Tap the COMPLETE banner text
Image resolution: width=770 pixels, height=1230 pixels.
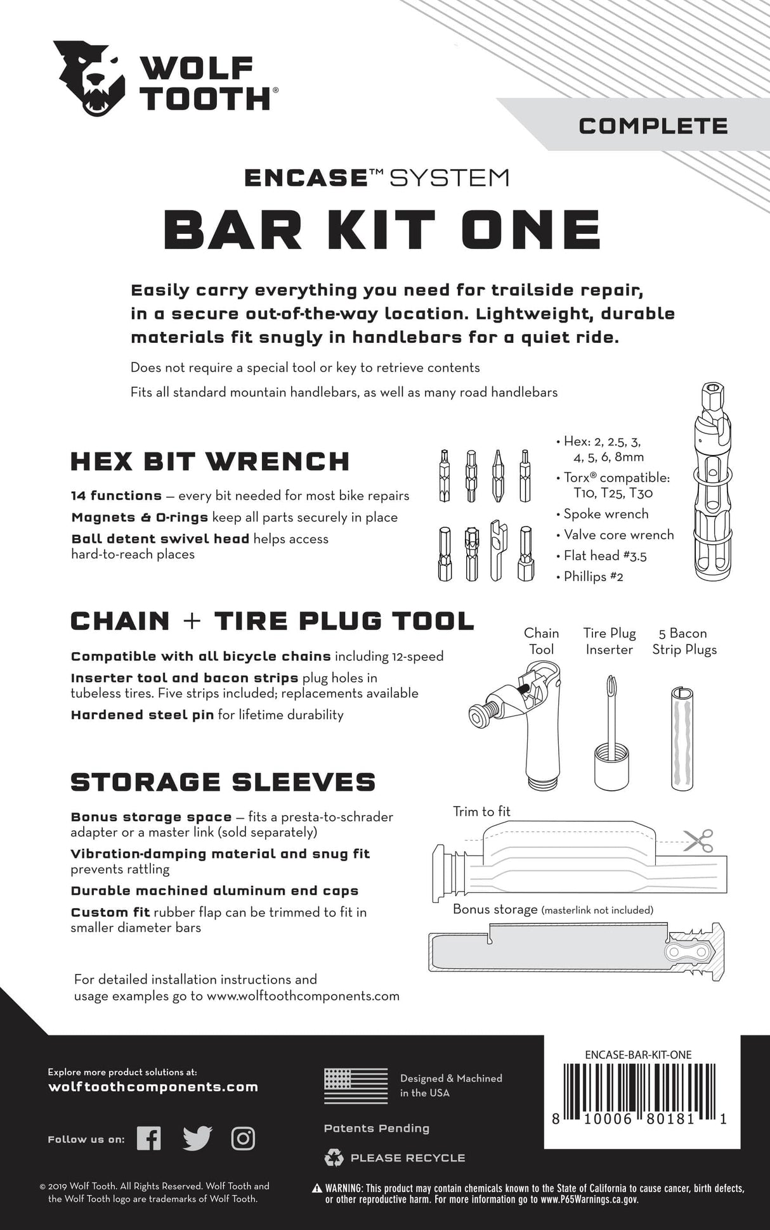click(x=653, y=125)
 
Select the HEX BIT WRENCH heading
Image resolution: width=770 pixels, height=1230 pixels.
click(x=210, y=461)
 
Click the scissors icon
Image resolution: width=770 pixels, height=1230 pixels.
click(x=699, y=841)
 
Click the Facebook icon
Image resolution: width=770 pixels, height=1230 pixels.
click(x=149, y=1139)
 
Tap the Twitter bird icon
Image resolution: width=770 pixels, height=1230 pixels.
click(x=197, y=1139)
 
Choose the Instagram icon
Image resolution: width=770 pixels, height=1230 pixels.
click(x=243, y=1139)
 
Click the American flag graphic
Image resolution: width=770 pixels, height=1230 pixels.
click(x=355, y=1086)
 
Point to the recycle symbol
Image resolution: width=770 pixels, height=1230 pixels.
click(x=334, y=1158)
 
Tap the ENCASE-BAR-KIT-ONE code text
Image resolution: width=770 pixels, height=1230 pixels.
click(x=638, y=1055)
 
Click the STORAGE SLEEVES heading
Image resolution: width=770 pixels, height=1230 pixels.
click(x=223, y=782)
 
